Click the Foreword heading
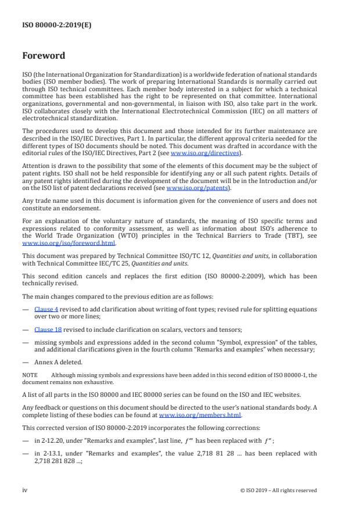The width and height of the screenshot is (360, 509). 44,56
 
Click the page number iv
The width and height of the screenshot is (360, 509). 25,490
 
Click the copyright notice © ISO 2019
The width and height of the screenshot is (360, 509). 279,490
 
